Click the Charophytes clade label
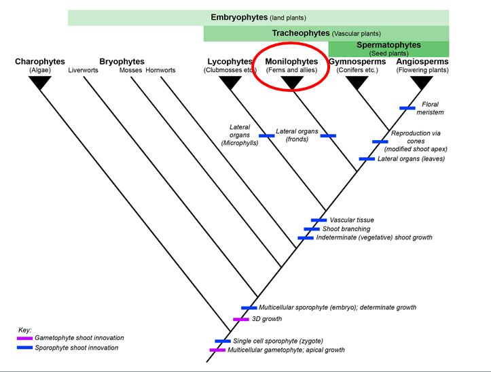pos(40,62)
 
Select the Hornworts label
pos(161,70)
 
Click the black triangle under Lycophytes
pos(230,83)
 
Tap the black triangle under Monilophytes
pos(291,83)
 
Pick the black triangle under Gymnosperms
pos(357,83)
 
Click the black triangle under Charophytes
pos(40,83)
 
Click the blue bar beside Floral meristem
pos(407,108)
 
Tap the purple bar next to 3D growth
pos(241,320)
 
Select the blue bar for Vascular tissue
pos(319,220)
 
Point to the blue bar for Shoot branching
pos(312,229)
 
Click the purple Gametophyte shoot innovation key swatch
pos(25,338)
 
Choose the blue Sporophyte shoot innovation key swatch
pos(25,348)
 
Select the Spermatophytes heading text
pos(388,46)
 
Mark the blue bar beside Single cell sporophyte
pos(223,341)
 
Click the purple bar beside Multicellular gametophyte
pos(217,350)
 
